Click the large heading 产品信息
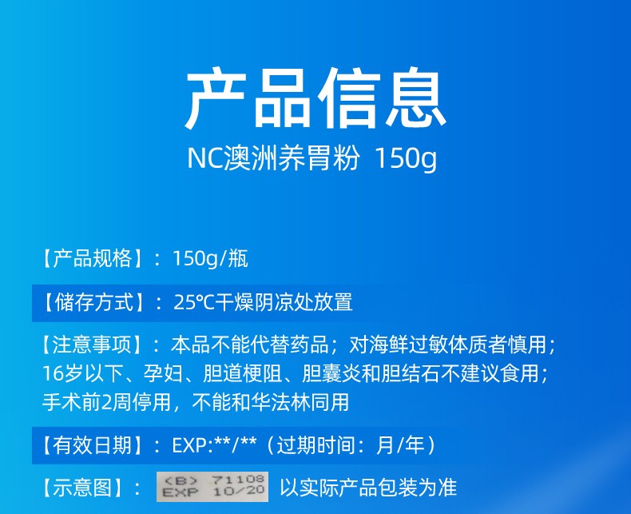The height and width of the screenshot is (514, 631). click(x=315, y=98)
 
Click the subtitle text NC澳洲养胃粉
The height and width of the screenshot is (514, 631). click(x=273, y=158)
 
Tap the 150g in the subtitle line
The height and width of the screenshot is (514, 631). click(x=405, y=159)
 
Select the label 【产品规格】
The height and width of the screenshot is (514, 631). click(x=93, y=259)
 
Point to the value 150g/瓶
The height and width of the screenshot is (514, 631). click(x=211, y=259)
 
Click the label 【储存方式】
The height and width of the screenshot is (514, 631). click(x=93, y=302)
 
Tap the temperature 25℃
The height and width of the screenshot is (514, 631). click(x=194, y=302)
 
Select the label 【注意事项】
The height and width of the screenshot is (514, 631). click(x=93, y=345)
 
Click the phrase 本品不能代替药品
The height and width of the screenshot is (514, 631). click(x=249, y=345)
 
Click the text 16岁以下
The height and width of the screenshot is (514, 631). click(x=82, y=374)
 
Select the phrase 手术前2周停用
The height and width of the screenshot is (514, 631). click(x=107, y=402)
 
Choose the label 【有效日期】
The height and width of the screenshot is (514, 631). click(x=93, y=445)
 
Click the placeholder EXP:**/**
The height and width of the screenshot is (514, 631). click(x=215, y=445)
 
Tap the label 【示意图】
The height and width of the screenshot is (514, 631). click(x=83, y=488)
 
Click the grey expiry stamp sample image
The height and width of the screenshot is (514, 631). click(x=212, y=487)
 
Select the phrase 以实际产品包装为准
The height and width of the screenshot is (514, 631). click(x=369, y=488)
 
